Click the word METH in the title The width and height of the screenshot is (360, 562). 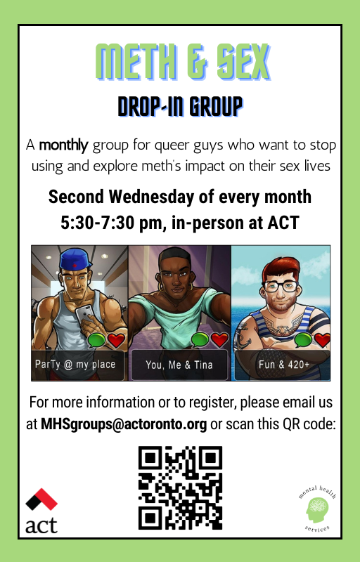137,62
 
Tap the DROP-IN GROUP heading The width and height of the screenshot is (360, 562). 181,107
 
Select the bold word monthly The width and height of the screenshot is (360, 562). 63,145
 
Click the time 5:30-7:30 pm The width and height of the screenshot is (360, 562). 112,223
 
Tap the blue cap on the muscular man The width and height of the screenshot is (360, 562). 75,259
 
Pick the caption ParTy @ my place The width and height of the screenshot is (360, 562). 75,365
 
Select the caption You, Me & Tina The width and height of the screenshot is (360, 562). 179,365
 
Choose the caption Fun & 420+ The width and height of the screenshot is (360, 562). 284,365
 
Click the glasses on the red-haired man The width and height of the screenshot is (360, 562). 280,287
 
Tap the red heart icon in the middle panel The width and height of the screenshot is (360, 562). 219,339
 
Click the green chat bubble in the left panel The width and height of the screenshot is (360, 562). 96,340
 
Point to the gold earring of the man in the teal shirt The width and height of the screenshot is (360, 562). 160,287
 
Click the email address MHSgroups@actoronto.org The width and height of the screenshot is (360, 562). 124,424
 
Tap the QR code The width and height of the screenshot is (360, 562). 181,488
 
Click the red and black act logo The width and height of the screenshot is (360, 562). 41,511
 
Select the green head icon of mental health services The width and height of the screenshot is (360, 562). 317,510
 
